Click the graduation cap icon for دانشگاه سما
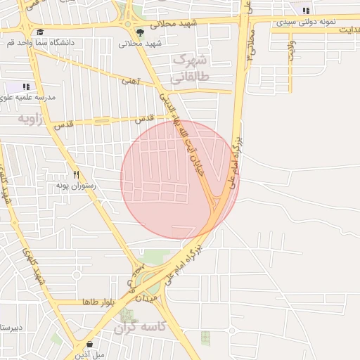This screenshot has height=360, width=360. click(x=39, y=32)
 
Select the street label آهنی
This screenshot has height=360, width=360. click(x=131, y=81)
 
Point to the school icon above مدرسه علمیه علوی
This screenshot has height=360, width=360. click(x=27, y=87)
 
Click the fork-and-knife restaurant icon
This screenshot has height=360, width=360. click(x=76, y=174)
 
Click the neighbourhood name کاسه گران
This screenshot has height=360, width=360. click(x=140, y=328)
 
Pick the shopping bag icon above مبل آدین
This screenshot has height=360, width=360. click(x=90, y=344)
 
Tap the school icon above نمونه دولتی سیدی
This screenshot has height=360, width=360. click(x=305, y=11)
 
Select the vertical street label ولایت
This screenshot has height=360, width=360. click(x=290, y=49)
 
